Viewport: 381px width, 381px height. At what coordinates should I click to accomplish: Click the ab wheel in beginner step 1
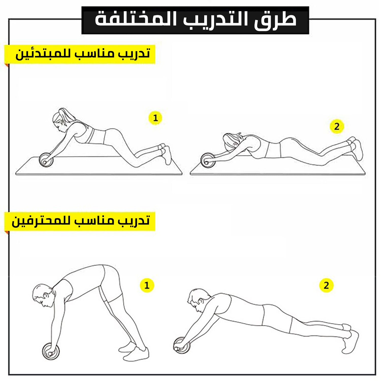point(46,160)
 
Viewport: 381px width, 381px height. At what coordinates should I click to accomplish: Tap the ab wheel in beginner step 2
point(208,160)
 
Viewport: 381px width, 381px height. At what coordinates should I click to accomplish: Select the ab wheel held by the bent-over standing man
point(51,351)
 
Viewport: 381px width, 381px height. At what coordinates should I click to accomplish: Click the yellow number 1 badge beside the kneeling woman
point(155,118)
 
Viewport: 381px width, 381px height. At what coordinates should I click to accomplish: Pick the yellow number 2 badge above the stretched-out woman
point(337,126)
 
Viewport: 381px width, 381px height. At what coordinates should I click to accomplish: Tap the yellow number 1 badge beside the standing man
point(147,285)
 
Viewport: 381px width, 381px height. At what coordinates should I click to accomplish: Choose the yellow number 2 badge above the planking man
point(326,285)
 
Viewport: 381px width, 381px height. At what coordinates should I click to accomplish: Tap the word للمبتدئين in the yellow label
point(44,54)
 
